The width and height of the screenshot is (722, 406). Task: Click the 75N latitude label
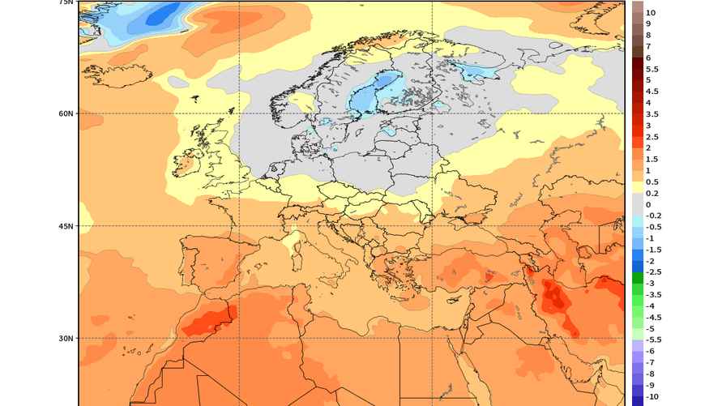[66, 3]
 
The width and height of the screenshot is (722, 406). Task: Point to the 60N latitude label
[66, 113]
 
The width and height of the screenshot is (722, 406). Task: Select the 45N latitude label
[66, 226]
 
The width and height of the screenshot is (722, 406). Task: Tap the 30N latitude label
[66, 338]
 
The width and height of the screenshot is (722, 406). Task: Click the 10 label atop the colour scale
[651, 13]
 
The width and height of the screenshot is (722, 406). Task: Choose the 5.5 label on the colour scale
[652, 70]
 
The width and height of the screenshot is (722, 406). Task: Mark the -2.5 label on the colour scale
[653, 272]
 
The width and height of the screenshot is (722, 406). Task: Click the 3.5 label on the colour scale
[652, 114]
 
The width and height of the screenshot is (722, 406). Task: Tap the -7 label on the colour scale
[649, 362]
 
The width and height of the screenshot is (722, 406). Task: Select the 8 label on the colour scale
[648, 36]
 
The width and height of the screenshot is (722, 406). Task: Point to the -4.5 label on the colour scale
[653, 317]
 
